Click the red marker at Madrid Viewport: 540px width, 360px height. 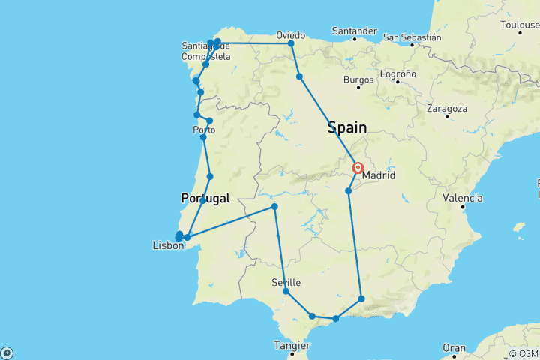(x=358, y=169)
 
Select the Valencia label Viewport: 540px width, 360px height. (x=462, y=199)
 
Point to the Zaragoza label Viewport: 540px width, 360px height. (x=447, y=108)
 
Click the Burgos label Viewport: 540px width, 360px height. (x=358, y=79)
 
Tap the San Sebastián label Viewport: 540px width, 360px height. (x=412, y=37)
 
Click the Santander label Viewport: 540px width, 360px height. (x=354, y=31)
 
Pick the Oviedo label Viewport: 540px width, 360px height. (x=290, y=34)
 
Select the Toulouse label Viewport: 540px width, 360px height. (x=520, y=25)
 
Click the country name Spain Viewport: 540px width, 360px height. (x=347, y=128)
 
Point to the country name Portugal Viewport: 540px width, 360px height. (x=205, y=199)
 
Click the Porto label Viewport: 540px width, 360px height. (x=204, y=130)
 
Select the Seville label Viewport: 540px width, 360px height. (x=287, y=282)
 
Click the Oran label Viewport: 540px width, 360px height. (x=453, y=348)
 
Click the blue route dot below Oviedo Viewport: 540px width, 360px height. (x=299, y=76)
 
